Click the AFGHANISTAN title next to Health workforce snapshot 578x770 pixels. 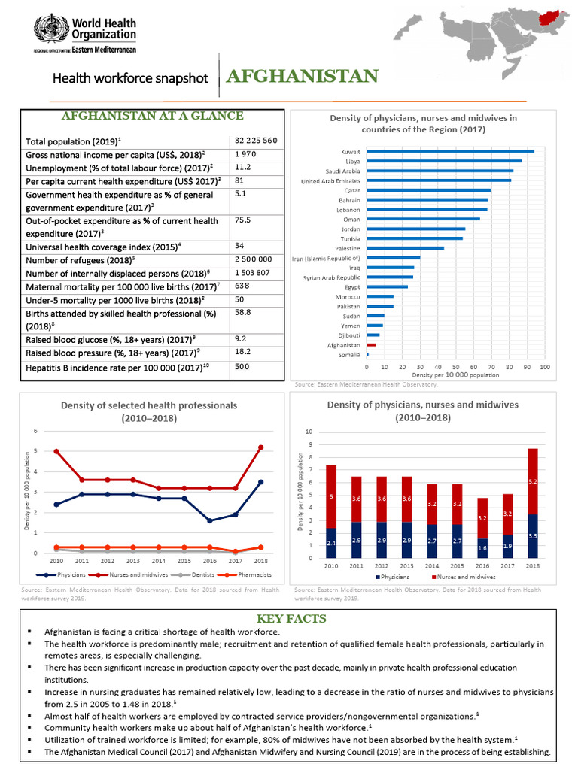(300, 77)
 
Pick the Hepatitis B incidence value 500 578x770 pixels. (242, 367)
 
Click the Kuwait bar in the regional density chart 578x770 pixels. (450, 152)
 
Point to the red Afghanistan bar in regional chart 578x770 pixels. (371, 344)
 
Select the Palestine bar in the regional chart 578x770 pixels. (405, 248)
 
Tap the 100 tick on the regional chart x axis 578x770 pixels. (545, 367)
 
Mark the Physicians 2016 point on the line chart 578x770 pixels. (208, 520)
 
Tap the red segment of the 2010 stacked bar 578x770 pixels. (331, 496)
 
